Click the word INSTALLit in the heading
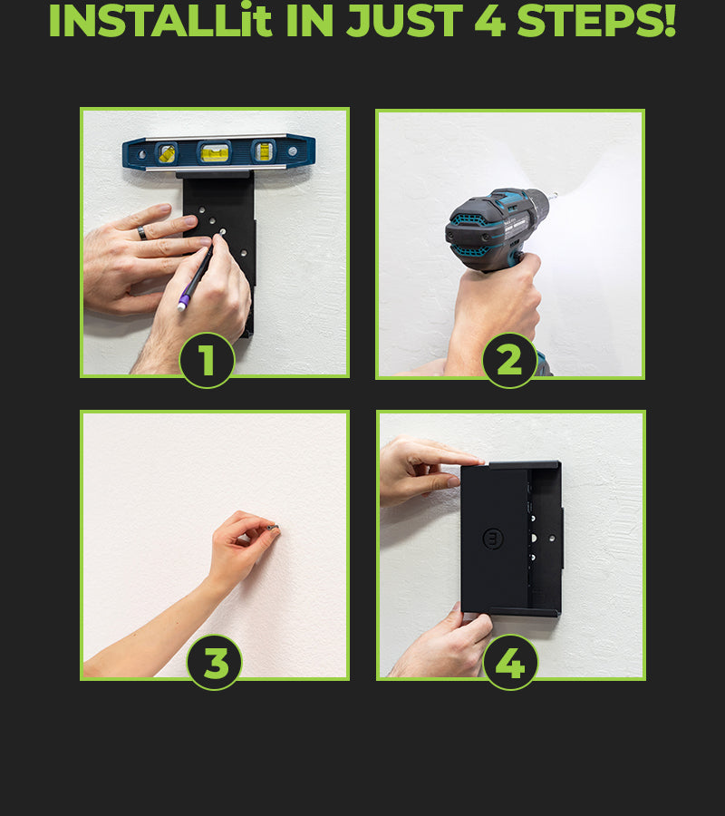[160, 20]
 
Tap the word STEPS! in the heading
[596, 20]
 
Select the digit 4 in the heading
[489, 21]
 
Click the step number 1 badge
[207, 360]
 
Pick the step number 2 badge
[509, 360]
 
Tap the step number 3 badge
[215, 663]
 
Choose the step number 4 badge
[510, 663]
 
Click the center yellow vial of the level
[215, 152]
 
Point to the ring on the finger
[142, 233]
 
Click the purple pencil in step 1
[195, 278]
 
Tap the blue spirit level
[219, 152]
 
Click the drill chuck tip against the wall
[554, 197]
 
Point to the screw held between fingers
[274, 529]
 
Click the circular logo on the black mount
[493, 538]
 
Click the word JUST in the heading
[404, 21]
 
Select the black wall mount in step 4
[512, 539]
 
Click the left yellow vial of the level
[167, 153]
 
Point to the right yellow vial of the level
[264, 151]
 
